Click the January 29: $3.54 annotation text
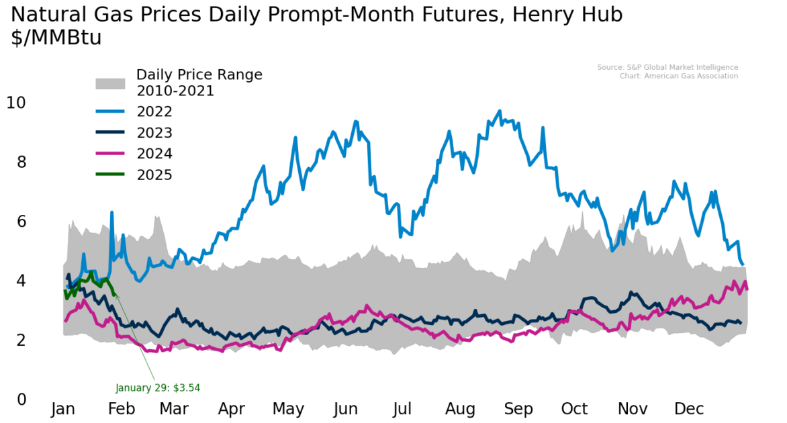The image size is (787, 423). point(158,388)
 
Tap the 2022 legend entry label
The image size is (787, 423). point(154,112)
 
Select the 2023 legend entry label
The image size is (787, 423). point(154,133)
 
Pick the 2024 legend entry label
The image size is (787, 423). point(154,154)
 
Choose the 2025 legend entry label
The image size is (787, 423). point(154,175)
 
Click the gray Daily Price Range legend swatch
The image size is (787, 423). point(110,83)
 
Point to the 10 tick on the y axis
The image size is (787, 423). point(16,103)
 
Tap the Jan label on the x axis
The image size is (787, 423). point(63,410)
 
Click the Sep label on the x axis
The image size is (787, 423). point(518,410)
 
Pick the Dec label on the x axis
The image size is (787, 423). point(688,410)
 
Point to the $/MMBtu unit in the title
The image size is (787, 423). point(56,38)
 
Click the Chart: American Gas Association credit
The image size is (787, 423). point(678,76)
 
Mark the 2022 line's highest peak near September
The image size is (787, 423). point(499,111)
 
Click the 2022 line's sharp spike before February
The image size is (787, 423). point(111,212)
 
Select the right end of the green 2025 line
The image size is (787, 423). point(115,293)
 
